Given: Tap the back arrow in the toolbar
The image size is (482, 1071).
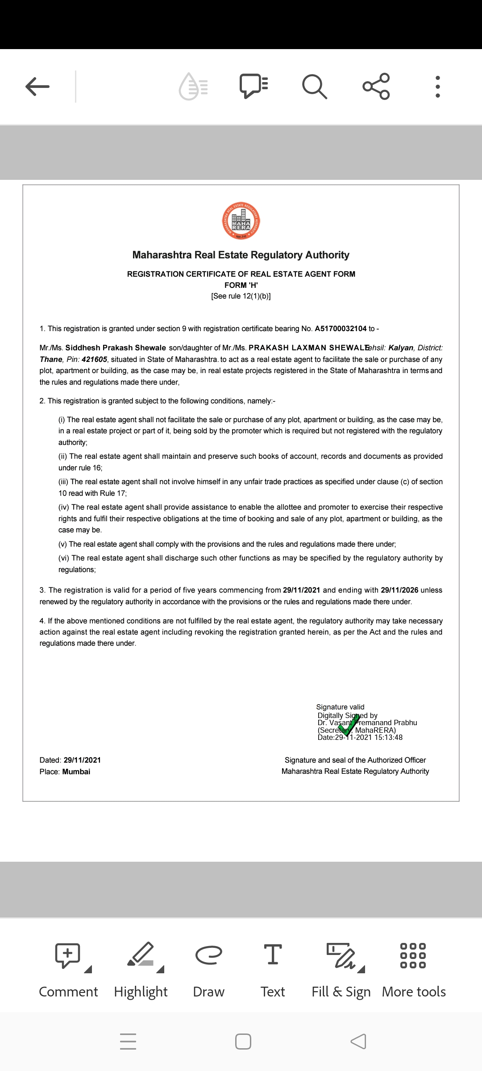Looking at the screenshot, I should coord(37,86).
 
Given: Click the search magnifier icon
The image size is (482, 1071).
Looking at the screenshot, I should coord(315,86).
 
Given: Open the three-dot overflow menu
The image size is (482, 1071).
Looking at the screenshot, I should coord(438,87).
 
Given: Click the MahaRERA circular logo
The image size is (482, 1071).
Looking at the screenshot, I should coord(241,221).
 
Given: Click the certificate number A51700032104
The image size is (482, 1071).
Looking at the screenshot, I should coord(341,329).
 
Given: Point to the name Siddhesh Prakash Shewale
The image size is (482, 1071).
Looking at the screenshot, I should coord(116,348).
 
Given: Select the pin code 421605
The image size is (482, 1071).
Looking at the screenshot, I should coord(94,360).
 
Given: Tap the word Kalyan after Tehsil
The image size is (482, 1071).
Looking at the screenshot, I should coord(401,348).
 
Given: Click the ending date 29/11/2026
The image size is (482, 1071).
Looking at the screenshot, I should coord(399,590).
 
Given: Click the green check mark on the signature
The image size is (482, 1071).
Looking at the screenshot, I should coord(349,725).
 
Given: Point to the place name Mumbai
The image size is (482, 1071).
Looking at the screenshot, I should coord(76,772).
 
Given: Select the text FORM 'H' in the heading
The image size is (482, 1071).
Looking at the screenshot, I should coord(241,285).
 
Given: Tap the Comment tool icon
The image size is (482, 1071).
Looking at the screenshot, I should coord(68,955).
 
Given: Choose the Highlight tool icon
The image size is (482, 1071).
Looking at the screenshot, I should coord(141,955).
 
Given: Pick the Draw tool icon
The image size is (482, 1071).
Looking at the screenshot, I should coord(208,955).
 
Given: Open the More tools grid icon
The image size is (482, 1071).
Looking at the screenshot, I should coord(413,955).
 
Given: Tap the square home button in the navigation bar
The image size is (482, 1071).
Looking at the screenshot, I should coord(243,1042).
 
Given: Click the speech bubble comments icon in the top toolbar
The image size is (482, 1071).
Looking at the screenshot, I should coord(253,86).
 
